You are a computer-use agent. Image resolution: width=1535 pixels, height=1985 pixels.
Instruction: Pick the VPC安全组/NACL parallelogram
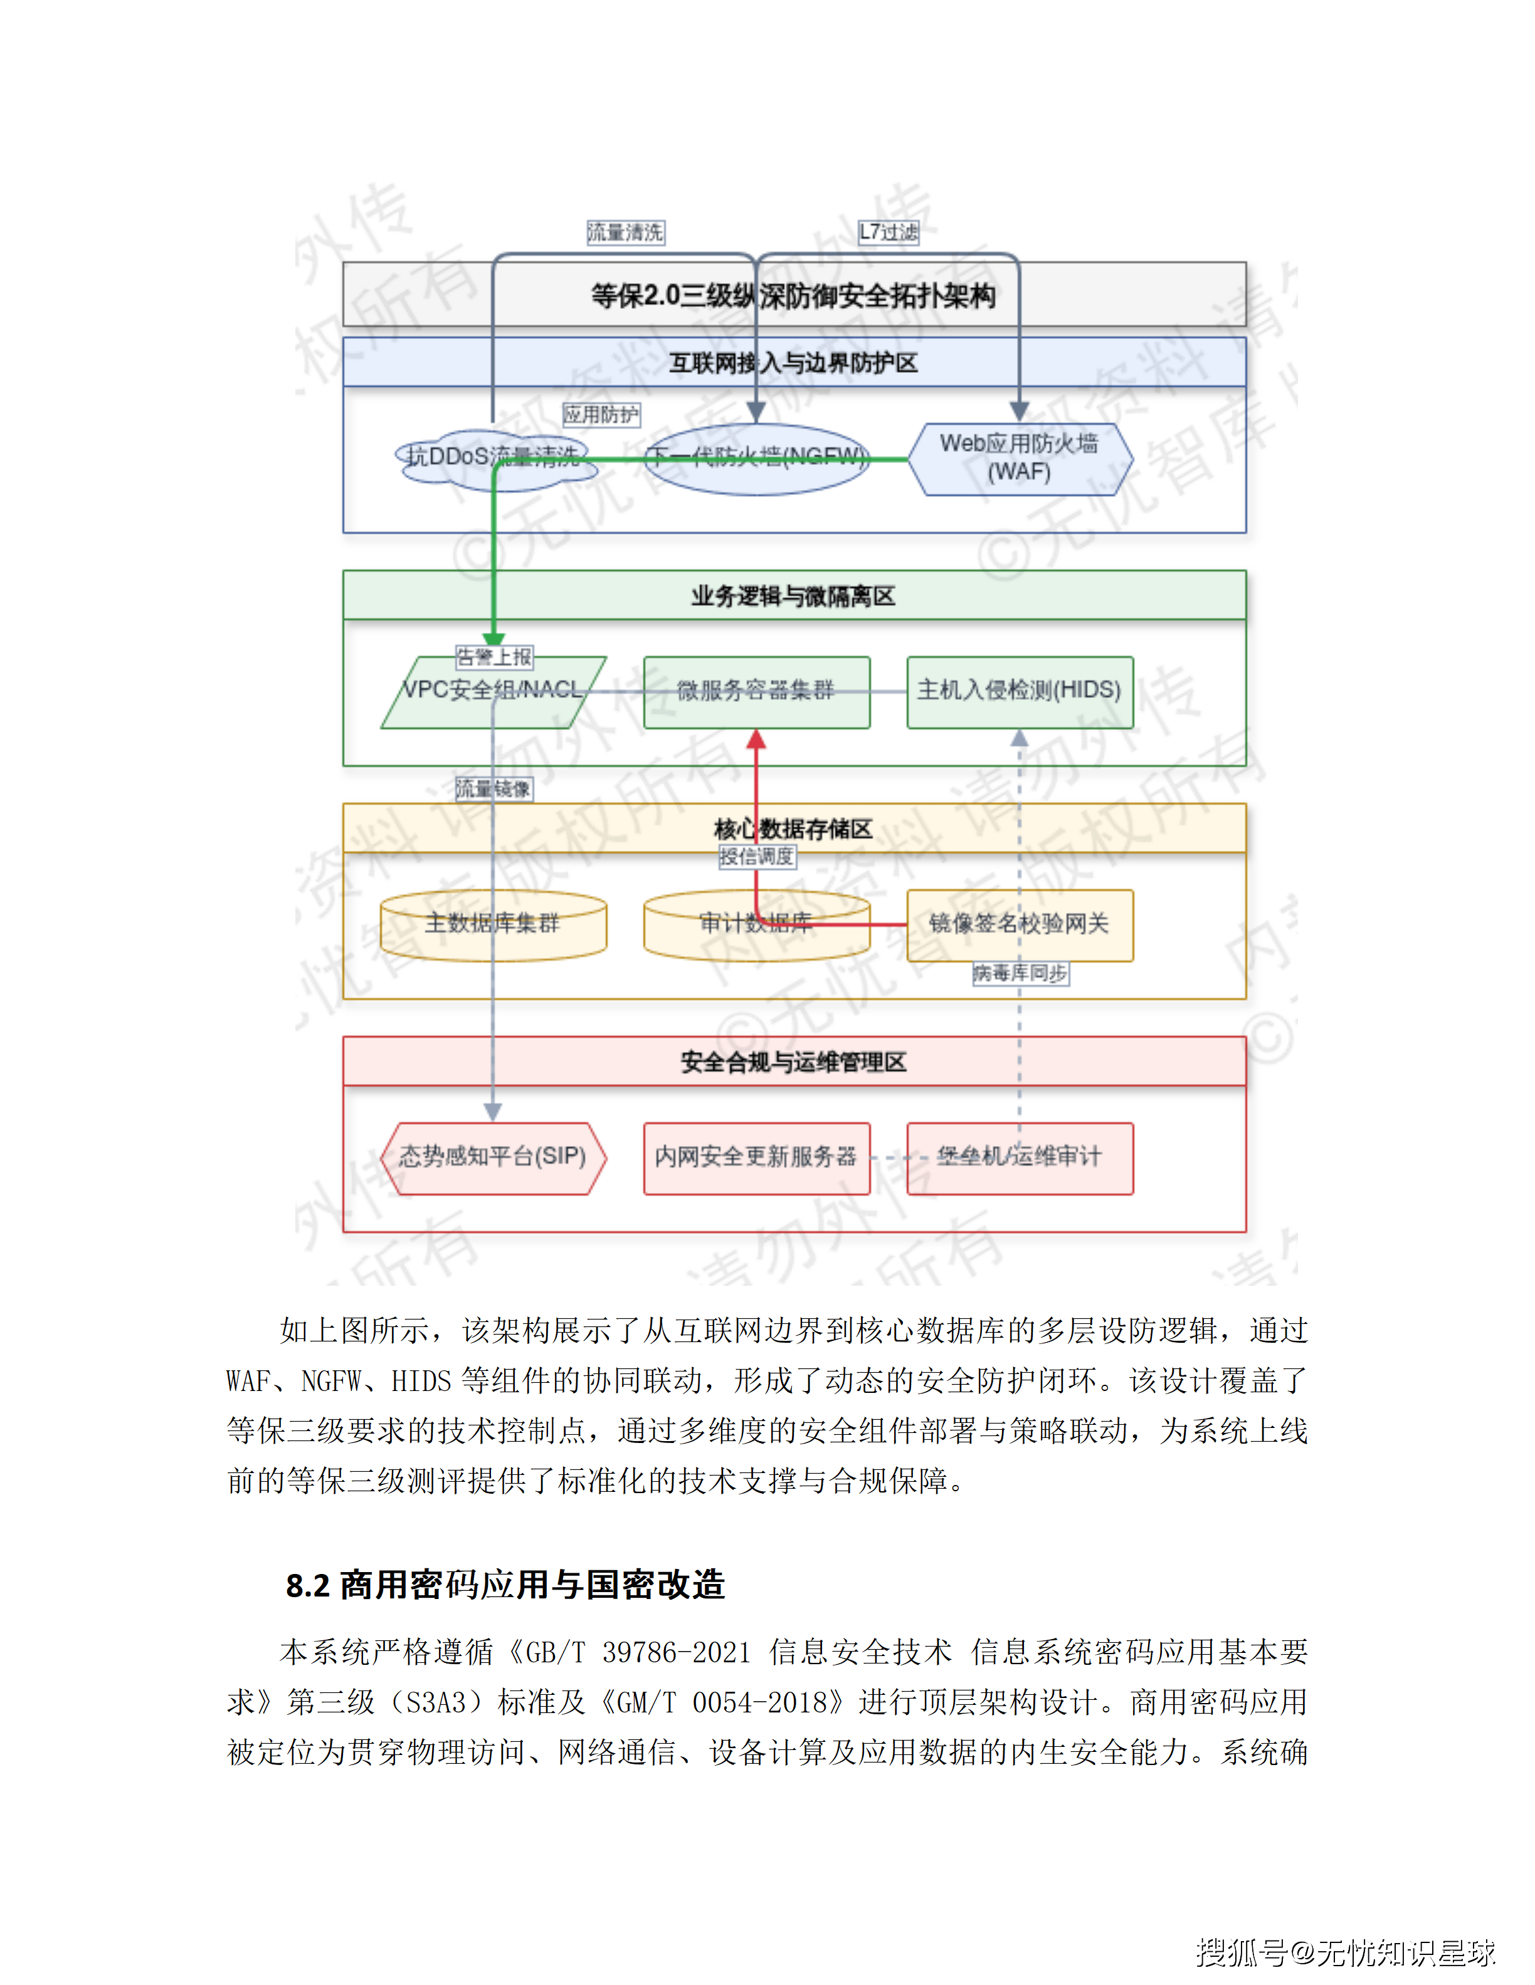[493, 692]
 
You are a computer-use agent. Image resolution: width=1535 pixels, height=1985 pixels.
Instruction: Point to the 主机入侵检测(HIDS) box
[1020, 692]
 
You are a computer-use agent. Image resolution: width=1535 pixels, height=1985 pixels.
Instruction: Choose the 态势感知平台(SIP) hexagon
[493, 1158]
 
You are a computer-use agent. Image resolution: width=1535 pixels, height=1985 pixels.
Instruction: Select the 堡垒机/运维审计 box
[1020, 1158]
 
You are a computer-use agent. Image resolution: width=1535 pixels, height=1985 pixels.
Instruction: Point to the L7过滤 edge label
[889, 232]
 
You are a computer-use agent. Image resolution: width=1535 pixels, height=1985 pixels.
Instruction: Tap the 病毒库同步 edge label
[1020, 974]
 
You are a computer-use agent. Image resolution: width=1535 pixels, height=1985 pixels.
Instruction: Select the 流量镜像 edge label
[493, 789]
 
